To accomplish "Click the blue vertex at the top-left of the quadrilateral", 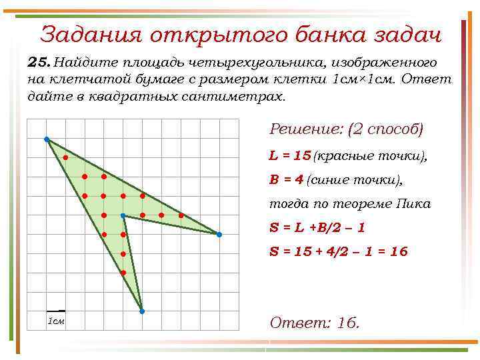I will [47, 139].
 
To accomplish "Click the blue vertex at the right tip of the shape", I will [219, 235].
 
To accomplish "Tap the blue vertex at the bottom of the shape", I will [142, 311].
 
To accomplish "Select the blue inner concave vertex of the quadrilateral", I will [123, 215].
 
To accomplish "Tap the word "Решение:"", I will [306, 129].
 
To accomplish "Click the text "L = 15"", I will [290, 156].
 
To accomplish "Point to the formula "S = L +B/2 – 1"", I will [317, 227].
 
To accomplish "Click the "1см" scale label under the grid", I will [56, 321].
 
